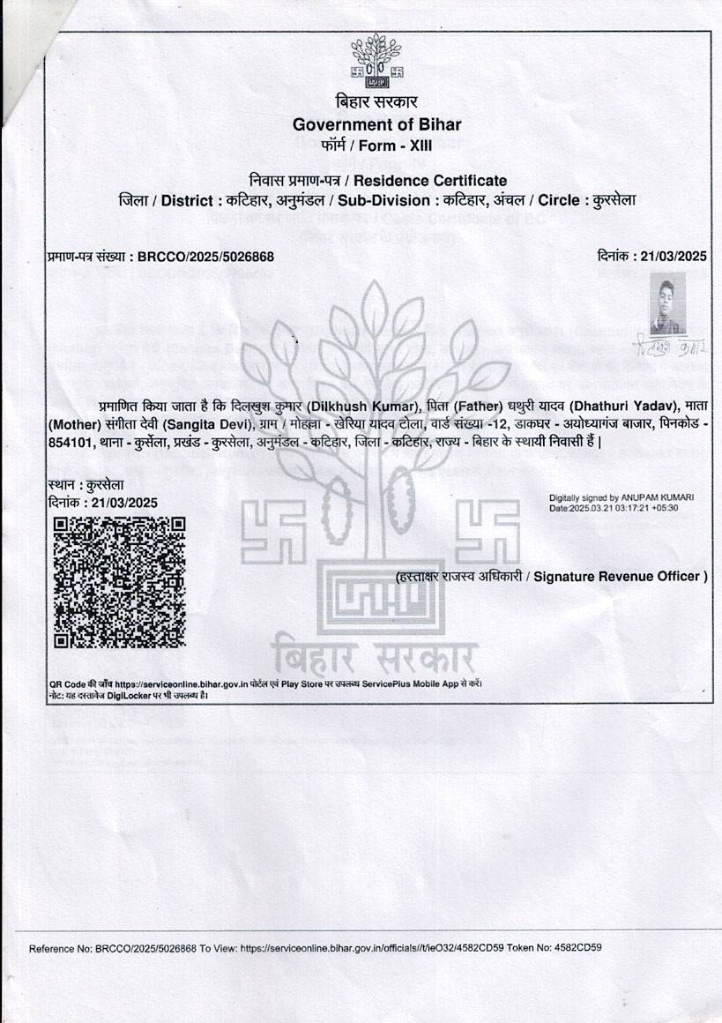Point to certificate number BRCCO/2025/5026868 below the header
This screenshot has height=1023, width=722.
[206, 257]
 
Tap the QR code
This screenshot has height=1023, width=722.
[120, 583]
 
